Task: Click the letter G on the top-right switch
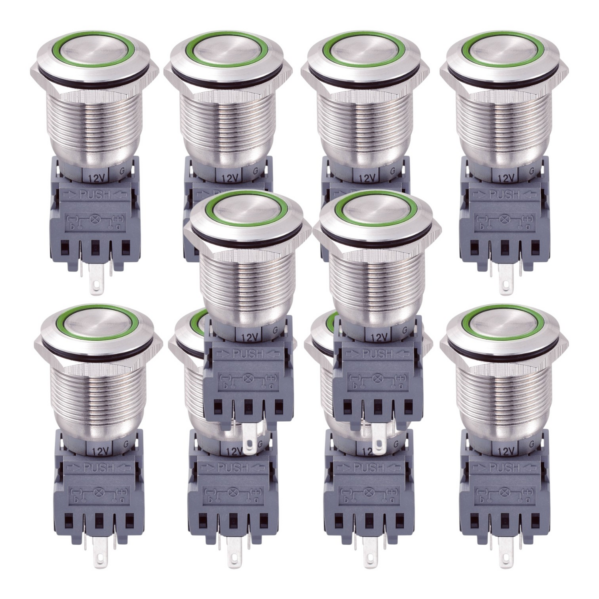tap(532, 171)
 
